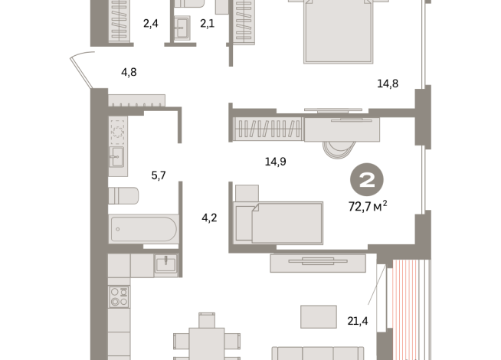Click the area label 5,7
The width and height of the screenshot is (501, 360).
[159, 175]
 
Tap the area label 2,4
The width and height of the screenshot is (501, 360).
[150, 24]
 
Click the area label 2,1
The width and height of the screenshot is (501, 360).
[208, 24]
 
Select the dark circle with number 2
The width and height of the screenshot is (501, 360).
[367, 180]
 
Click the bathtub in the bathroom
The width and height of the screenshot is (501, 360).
[144, 228]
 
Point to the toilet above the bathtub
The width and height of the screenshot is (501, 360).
[123, 196]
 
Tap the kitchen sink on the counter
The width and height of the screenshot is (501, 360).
[165, 264]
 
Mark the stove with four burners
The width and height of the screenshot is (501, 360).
[118, 296]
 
